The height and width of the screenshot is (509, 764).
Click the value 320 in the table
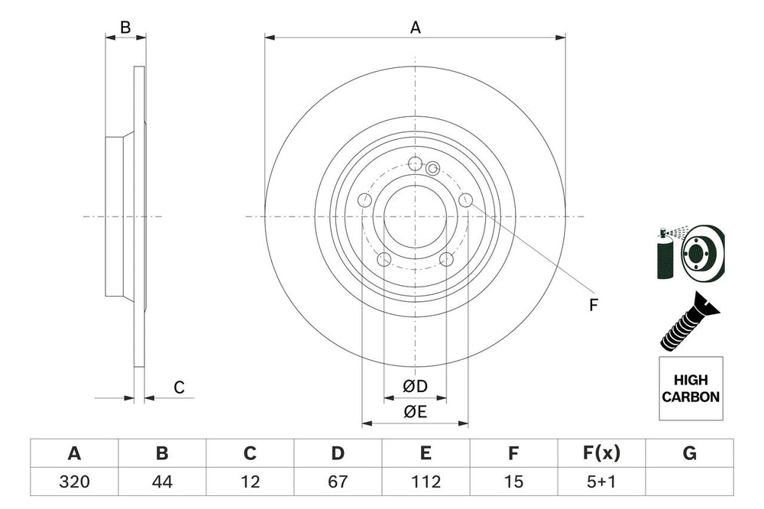coord(74,481)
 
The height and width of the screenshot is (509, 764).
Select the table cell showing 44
coord(162,481)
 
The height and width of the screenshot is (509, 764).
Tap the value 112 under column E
coord(426,481)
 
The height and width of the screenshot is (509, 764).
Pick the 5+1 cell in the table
coord(601,481)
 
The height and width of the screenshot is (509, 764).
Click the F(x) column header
coord(601,453)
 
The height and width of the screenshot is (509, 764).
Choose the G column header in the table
coord(689,453)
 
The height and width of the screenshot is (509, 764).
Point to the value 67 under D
coord(338,481)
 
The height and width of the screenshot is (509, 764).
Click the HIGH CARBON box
coord(691,388)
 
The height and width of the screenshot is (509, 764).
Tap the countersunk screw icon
coord(690,322)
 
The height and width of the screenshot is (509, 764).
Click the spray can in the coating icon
coord(665,255)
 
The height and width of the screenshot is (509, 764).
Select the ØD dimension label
coord(415,386)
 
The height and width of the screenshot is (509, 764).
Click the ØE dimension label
coord(415,412)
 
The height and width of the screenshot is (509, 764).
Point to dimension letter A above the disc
coord(415,28)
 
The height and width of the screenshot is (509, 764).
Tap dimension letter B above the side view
coord(125,28)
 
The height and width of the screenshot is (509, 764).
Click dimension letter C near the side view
coord(180,387)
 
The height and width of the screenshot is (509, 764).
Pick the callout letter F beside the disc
coord(593,305)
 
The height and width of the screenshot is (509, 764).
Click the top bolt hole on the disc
coord(415,164)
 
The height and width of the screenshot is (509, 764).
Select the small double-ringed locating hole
coord(432,169)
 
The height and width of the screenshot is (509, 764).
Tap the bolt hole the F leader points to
coord(466,200)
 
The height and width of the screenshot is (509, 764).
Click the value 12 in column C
coord(250,481)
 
